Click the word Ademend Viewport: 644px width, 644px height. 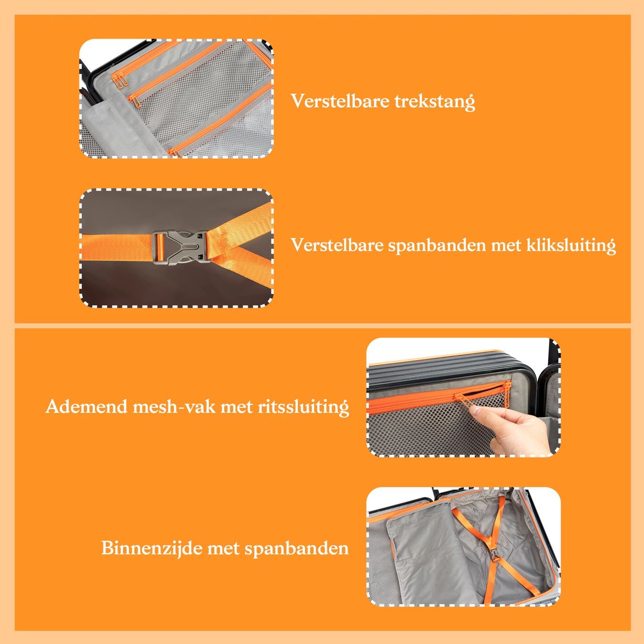pos(87,406)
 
